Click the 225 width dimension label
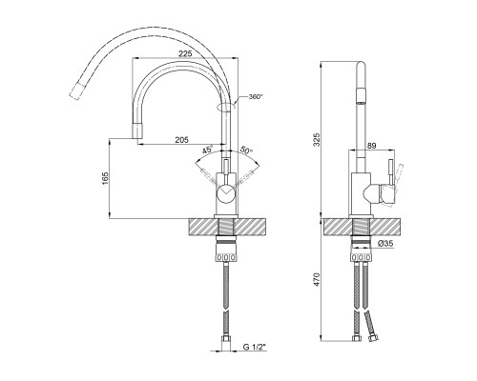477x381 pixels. pos(185,53)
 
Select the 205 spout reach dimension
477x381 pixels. pos(181,139)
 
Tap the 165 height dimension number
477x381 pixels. pos(105,179)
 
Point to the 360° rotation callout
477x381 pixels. pos(256,96)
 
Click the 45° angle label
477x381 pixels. pos(207,150)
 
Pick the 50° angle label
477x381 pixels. pos(246,150)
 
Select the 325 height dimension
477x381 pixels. pos(317,140)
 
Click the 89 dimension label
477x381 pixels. pos(371,146)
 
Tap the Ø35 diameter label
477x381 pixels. pos(386,244)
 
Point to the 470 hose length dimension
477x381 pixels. pos(317,280)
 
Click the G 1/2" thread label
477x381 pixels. pos(254,347)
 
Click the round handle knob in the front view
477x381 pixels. pos(225,193)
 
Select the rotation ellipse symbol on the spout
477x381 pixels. pos(226,107)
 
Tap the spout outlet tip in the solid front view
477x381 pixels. pos(137,130)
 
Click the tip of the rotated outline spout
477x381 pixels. pos(77,91)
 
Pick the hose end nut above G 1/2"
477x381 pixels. pos(226,339)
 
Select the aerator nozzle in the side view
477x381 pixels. pos(361,97)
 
